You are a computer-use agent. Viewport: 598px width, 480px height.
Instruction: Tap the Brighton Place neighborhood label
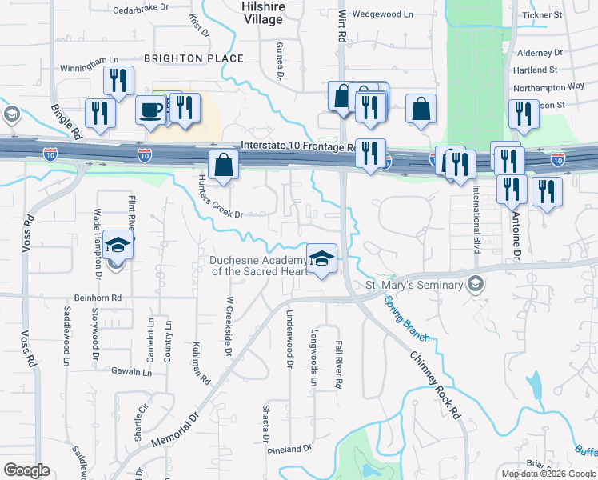click(x=193, y=58)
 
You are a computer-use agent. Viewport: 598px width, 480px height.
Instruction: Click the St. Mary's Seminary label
click(x=414, y=285)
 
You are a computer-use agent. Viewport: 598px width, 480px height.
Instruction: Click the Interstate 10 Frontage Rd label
click(x=297, y=147)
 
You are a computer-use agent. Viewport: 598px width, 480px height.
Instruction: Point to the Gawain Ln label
click(x=131, y=372)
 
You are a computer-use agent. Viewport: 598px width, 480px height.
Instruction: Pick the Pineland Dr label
click(x=289, y=448)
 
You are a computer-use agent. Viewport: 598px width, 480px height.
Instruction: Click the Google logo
click(x=26, y=470)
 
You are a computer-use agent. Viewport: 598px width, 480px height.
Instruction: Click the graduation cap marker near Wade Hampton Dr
click(x=118, y=246)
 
